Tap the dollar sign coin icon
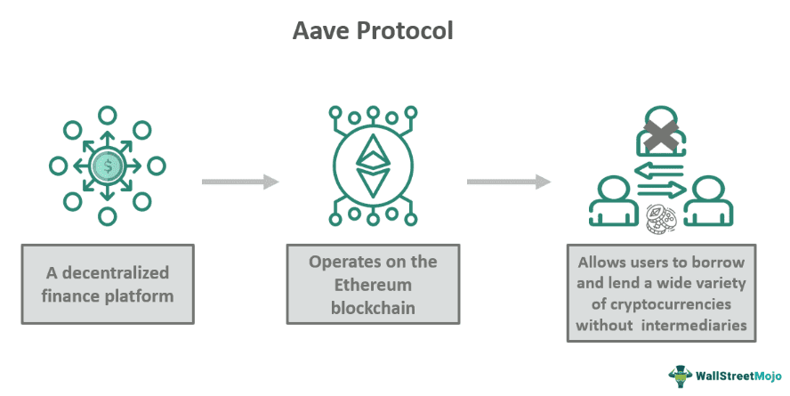(108, 166)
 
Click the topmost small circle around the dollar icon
(108, 115)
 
